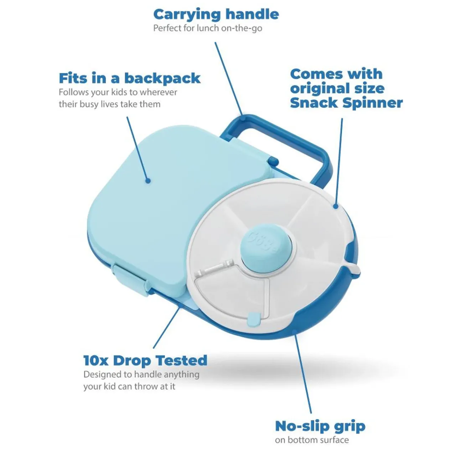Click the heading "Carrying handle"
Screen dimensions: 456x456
pos(216,14)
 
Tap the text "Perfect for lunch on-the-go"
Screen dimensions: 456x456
pos(208,28)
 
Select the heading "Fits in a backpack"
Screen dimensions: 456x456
pos(130,78)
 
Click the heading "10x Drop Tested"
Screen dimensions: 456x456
pos(145,361)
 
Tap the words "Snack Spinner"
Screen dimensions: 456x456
pos(346,103)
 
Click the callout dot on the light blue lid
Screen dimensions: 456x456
pos(148,181)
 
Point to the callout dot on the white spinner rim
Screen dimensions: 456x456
pos(335,206)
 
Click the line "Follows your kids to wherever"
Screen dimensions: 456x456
pos(118,92)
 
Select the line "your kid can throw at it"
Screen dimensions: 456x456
pos(129,387)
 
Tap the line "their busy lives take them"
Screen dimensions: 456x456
pos(110,104)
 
